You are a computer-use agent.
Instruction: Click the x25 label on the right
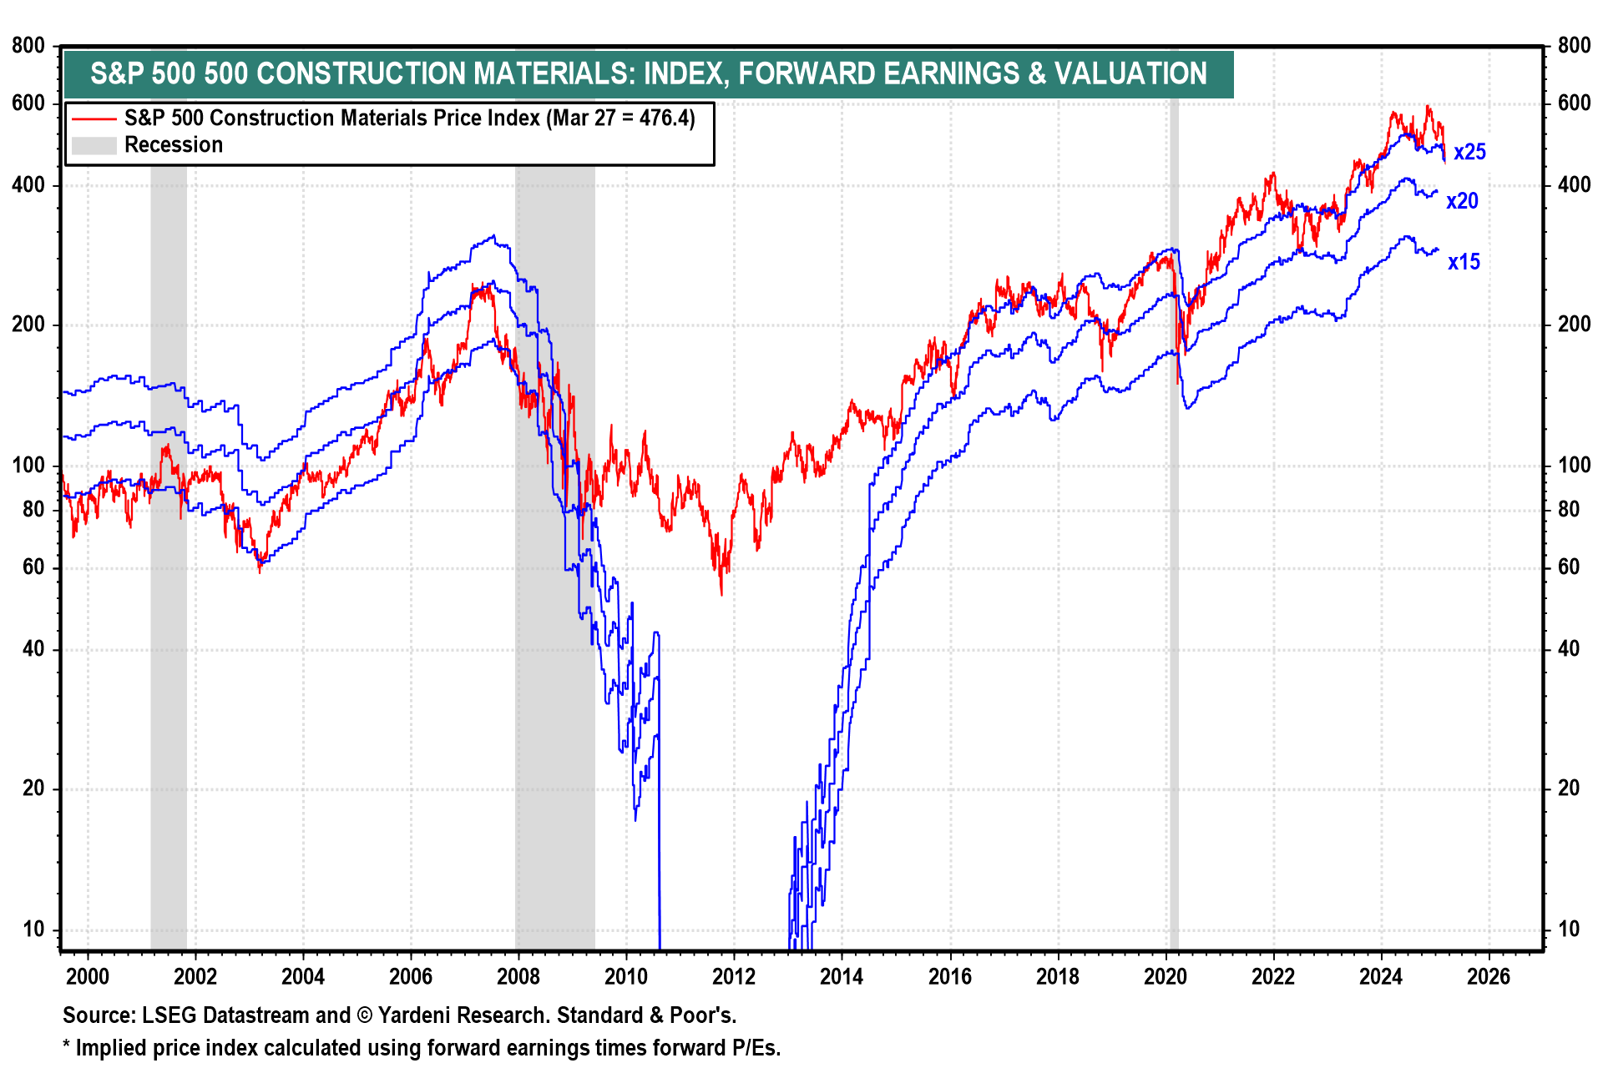(1469, 153)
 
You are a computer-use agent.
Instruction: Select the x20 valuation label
(1462, 201)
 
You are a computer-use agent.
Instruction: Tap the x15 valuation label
(1464, 262)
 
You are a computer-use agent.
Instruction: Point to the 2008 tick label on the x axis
(518, 976)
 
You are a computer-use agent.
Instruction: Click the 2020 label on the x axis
(1166, 976)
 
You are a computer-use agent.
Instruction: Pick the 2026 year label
(1489, 976)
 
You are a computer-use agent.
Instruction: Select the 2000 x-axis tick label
(87, 976)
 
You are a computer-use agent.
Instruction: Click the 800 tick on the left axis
(28, 46)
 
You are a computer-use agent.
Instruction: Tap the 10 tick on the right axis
(1569, 929)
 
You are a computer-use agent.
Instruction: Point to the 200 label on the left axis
(28, 325)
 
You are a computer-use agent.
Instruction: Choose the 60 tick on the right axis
(1569, 567)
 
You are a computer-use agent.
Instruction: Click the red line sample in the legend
(94, 118)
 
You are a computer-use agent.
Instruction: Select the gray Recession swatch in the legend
(94, 145)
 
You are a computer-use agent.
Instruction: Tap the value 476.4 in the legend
(663, 118)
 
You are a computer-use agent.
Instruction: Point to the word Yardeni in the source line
(416, 1015)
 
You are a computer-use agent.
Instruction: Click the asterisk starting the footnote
(67, 1046)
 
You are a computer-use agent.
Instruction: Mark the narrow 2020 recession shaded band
(1174, 584)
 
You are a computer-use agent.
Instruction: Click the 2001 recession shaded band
(169, 584)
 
